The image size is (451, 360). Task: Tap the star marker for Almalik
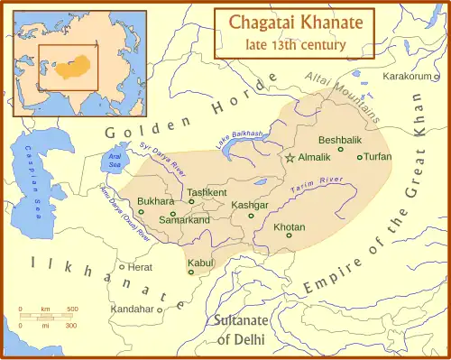(x=290, y=158)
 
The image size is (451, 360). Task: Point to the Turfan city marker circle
(x=360, y=157)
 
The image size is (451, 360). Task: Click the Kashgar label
(x=250, y=205)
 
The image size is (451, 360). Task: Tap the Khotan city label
(x=289, y=226)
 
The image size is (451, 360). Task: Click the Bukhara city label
(x=156, y=201)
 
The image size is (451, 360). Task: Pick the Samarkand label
(x=184, y=220)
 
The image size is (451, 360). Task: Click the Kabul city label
(x=199, y=263)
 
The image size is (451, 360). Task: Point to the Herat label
(x=141, y=267)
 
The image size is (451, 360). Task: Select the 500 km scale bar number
(x=72, y=309)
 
